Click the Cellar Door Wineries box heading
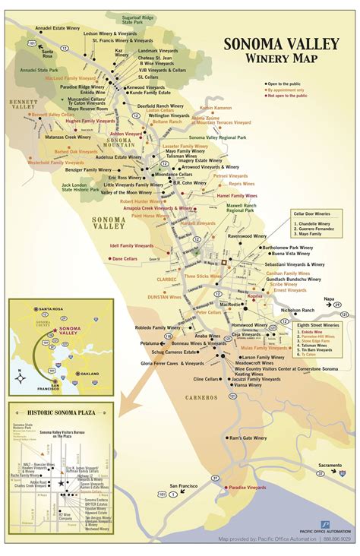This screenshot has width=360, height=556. pos(312,216)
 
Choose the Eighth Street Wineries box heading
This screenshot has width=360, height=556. pos(317,324)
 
